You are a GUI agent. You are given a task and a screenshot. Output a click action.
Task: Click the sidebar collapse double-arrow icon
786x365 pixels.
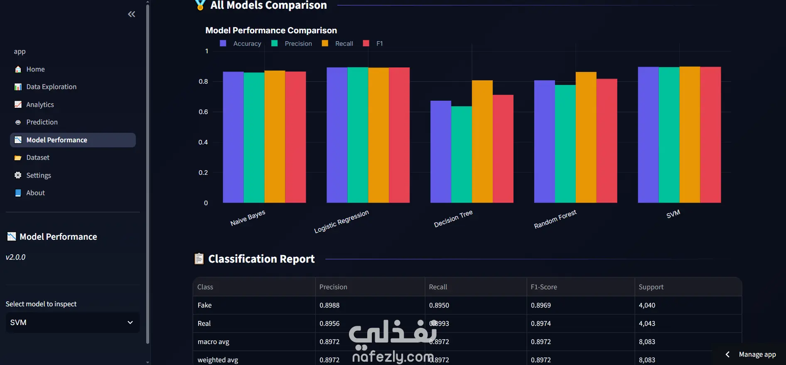[132, 14]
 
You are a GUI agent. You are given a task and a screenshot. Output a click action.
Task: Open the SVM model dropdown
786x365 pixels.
[72, 323]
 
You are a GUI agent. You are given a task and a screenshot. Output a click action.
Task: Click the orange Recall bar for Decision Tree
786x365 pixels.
[482, 142]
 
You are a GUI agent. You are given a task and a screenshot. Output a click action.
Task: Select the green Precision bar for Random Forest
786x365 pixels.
[565, 144]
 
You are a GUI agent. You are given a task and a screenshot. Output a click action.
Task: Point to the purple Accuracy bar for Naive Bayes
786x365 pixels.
[233, 137]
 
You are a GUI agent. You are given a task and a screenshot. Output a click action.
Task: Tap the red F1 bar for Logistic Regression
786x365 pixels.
[399, 135]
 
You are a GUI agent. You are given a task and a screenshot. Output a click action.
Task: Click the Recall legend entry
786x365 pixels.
[337, 43]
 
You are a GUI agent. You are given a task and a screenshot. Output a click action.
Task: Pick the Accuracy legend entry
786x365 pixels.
[241, 43]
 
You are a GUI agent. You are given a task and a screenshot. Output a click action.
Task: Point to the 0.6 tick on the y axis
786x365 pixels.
[203, 112]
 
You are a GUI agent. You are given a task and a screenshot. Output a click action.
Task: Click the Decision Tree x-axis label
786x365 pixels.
[453, 219]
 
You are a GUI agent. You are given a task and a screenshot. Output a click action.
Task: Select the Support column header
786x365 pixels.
[651, 287]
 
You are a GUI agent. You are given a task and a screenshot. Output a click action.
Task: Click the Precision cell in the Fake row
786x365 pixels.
[329, 305]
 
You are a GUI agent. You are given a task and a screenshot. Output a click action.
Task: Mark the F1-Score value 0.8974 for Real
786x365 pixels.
[541, 323]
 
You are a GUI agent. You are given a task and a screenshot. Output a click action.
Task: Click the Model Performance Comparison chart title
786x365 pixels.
[271, 30]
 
